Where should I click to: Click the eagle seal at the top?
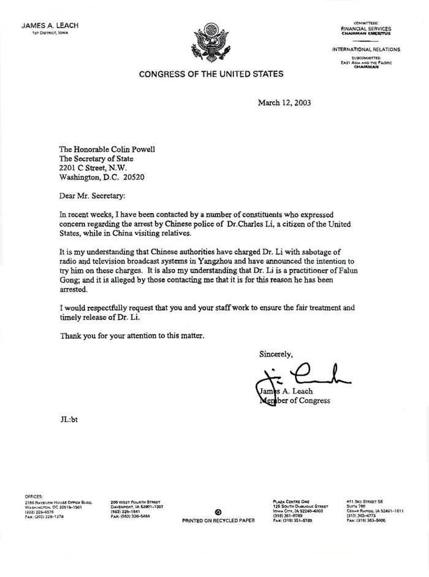210,43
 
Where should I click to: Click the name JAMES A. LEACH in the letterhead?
50,26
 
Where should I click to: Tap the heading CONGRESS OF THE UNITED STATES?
211,74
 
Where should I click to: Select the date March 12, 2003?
284,103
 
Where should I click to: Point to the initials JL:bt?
68,420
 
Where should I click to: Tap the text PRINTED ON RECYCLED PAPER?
219,520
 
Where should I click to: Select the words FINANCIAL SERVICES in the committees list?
366,29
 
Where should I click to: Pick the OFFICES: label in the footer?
34,496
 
